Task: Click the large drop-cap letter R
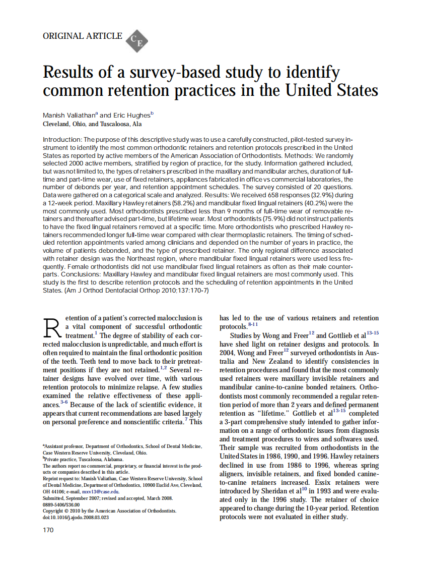52,328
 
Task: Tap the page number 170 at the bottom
48,530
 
